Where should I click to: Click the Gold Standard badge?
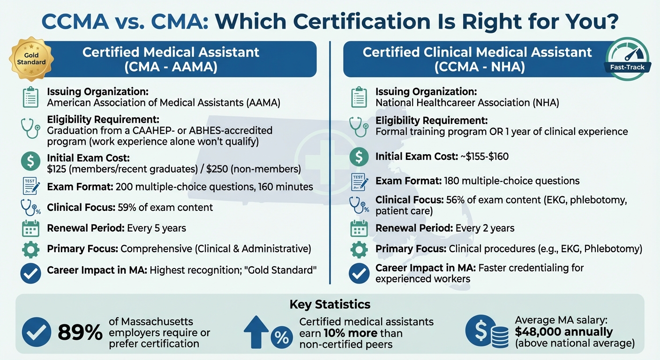pyautogui.click(x=31, y=59)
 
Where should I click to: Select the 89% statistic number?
pyautogui.click(x=80, y=333)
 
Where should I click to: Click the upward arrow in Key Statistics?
pyautogui.click(x=256, y=332)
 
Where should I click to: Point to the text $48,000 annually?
pyautogui.click(x=563, y=332)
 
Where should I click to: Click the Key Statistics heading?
pyautogui.click(x=330, y=304)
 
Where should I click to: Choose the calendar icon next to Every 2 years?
pyautogui.click(x=359, y=228)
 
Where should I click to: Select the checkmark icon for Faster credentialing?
pyautogui.click(x=359, y=274)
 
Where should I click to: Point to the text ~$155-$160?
pyautogui.click(x=484, y=157)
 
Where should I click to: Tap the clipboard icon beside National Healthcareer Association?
pyautogui.click(x=359, y=97)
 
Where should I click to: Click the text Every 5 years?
pyautogui.click(x=157, y=228)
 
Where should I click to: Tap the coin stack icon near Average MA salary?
pyautogui.click(x=500, y=333)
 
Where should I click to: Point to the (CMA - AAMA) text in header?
pyautogui.click(x=171, y=67)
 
